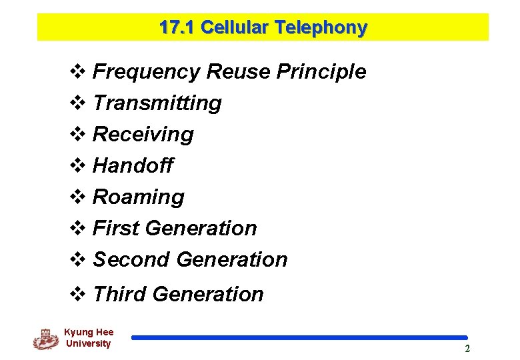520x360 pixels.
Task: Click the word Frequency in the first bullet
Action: [x=147, y=72]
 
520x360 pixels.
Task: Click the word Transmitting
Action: [x=157, y=103]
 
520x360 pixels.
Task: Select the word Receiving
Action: [x=143, y=135]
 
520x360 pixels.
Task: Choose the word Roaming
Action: [x=139, y=197]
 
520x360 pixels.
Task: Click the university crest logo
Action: [x=45, y=339]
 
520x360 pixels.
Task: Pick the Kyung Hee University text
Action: [x=89, y=338]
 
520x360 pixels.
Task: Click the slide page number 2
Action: [x=467, y=349]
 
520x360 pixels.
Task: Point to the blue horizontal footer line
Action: [x=299, y=338]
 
